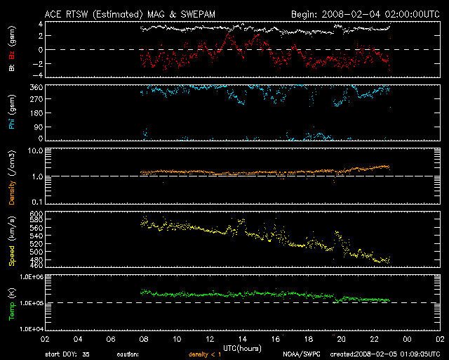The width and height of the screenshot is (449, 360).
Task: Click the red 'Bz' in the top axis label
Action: (11, 56)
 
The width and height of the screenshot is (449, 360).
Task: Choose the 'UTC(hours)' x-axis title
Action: (242, 347)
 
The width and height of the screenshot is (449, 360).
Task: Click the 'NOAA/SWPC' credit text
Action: (300, 354)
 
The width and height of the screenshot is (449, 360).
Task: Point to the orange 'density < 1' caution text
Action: (208, 354)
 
